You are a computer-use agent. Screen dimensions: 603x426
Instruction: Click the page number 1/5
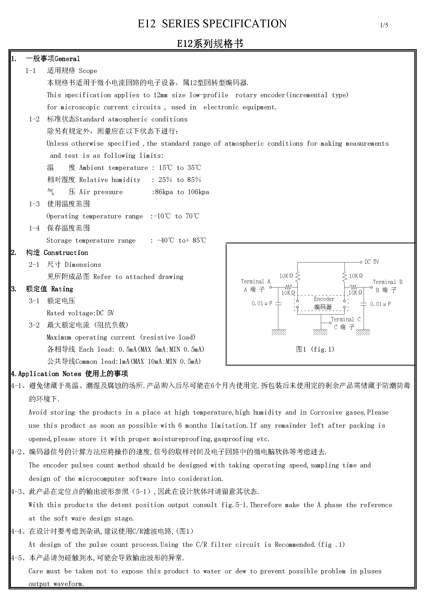(x=384, y=25)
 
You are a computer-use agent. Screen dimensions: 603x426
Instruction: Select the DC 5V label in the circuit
(x=372, y=262)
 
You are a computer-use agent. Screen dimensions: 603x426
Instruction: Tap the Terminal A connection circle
(x=271, y=287)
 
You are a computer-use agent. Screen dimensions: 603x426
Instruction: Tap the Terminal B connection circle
(x=371, y=287)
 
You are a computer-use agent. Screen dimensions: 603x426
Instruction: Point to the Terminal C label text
(x=346, y=319)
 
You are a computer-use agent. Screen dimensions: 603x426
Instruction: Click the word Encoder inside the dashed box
(x=324, y=299)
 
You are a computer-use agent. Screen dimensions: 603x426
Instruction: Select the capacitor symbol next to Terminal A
(x=279, y=303)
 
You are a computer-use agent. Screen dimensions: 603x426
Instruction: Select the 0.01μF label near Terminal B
(x=380, y=304)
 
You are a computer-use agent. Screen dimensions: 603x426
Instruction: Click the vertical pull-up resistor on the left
(x=297, y=276)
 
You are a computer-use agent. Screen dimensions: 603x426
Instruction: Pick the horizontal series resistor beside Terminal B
(x=353, y=287)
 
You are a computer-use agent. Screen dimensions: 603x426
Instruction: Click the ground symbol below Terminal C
(x=320, y=333)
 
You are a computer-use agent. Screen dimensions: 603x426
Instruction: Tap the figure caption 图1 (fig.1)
(x=315, y=349)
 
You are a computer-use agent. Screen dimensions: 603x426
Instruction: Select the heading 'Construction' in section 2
(x=66, y=253)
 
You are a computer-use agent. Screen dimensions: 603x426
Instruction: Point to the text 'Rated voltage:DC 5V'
(x=80, y=313)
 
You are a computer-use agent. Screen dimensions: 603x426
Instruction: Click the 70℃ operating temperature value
(x=193, y=216)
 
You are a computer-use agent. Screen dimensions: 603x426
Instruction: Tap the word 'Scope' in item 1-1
(x=88, y=71)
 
